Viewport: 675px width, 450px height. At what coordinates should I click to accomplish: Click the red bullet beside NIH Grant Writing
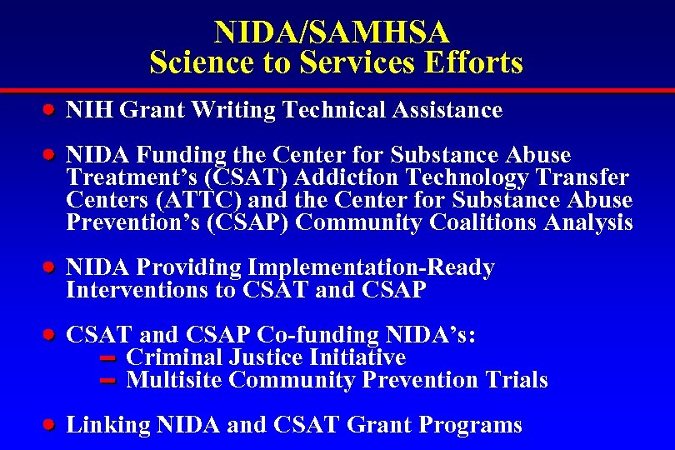[x=50, y=108]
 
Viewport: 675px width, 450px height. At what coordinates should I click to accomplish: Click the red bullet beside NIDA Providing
[x=50, y=267]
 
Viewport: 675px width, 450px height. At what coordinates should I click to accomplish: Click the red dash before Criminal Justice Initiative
[x=106, y=358]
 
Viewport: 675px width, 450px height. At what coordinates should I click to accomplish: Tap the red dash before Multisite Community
[x=106, y=381]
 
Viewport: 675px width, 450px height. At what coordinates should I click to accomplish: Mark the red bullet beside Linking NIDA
[x=50, y=424]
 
